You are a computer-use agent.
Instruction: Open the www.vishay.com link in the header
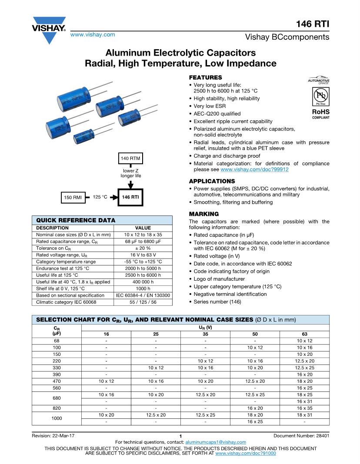coord(93,34)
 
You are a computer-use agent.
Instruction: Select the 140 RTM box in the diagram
coord(130,159)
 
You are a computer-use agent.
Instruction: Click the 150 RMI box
coord(73,198)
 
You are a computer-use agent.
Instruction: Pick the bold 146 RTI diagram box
coord(130,197)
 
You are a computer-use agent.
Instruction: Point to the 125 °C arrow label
coord(100,197)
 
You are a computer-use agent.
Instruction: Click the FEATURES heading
coord(205,77)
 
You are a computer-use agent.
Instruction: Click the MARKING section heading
coord(204,214)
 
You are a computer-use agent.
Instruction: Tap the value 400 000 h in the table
coord(143,282)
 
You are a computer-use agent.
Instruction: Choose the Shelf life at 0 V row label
coord(60,288)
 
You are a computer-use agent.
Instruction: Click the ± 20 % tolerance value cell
coord(143,248)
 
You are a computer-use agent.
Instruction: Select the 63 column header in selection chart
coord(304,334)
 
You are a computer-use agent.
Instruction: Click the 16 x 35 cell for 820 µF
coord(304,408)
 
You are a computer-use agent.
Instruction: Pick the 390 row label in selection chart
coord(57,374)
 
